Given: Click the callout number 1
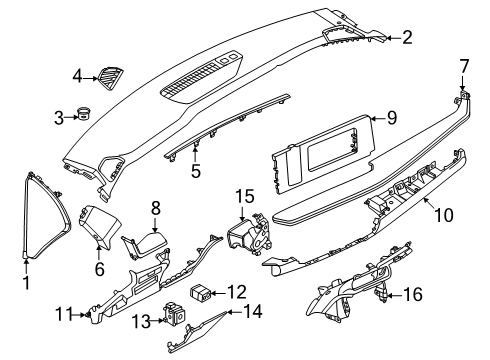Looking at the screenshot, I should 27,284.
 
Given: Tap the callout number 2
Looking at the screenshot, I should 407,38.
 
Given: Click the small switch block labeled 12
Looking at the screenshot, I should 204,292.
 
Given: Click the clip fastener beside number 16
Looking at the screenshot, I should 383,294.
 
